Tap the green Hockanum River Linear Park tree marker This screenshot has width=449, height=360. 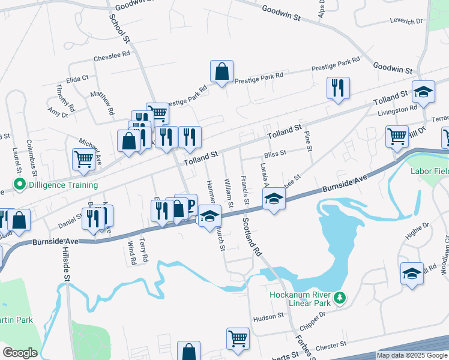point(340,298)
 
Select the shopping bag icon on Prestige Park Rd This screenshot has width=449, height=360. point(222,72)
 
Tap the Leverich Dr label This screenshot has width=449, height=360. point(406,22)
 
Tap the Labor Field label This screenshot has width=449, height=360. point(429,170)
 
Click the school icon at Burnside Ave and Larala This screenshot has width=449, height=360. point(274,198)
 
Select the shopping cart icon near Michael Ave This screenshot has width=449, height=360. point(83,159)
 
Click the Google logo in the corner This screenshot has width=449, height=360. point(20,353)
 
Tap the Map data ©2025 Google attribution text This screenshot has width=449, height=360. point(412,355)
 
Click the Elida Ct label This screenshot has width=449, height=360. point(77,78)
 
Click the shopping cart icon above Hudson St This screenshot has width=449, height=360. point(238,339)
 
